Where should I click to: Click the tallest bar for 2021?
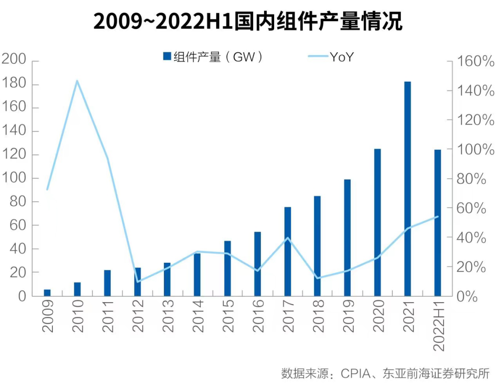[x=407, y=188]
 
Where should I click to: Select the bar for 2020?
[x=378, y=222]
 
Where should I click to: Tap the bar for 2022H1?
[x=437, y=223]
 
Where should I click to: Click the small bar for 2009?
[x=47, y=293]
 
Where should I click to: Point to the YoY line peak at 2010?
[x=77, y=81]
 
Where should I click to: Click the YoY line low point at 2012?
[x=137, y=282]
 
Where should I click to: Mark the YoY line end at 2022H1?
[x=438, y=216]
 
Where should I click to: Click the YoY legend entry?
[x=331, y=57]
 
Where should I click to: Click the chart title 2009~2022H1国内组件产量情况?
[x=248, y=22]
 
